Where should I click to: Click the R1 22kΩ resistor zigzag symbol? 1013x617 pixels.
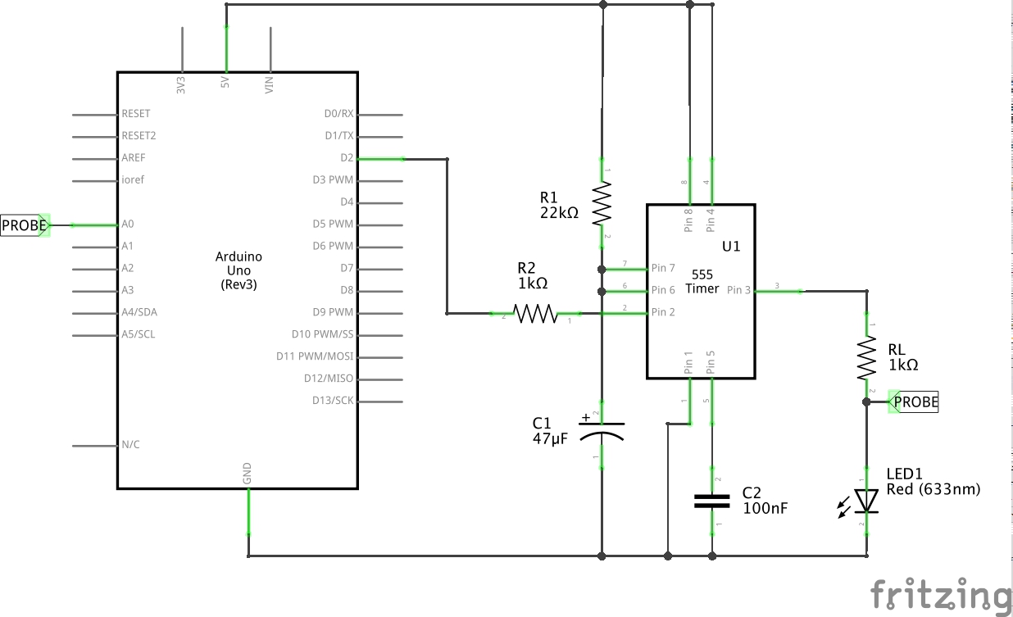tap(602, 203)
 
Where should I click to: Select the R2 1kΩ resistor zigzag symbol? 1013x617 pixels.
tap(535, 313)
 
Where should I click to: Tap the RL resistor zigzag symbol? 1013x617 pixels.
tap(866, 357)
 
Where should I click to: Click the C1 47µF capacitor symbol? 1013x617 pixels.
tap(602, 432)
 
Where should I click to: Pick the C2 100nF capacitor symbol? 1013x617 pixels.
tap(712, 501)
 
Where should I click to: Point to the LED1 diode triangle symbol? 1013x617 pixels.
tap(866, 501)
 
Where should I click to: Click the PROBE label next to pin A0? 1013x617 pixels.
tap(25, 225)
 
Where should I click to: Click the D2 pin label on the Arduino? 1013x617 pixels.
tap(347, 158)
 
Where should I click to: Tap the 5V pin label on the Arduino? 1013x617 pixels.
tap(225, 82)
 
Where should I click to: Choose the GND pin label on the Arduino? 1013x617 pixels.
tap(247, 474)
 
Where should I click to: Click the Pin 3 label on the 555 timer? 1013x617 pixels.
tap(738, 290)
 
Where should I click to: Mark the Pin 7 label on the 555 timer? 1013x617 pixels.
tap(663, 268)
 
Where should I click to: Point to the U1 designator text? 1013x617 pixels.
tap(731, 247)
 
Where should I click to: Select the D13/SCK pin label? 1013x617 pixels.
tap(333, 401)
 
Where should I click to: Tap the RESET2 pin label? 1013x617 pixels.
tap(139, 135)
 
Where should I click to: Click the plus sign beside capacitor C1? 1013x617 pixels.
tap(586, 418)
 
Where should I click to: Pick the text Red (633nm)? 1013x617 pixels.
tap(934, 489)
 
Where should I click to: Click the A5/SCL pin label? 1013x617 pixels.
tap(139, 334)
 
